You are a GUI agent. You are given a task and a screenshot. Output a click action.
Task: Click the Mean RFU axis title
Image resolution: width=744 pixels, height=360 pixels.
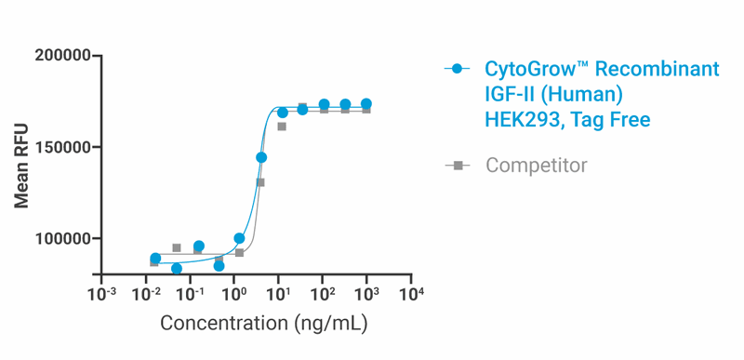tap(21, 165)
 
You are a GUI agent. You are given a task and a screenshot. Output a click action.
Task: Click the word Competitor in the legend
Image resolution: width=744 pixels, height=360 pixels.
tap(537, 166)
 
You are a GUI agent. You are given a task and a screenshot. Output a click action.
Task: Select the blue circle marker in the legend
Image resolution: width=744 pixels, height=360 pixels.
tap(456, 69)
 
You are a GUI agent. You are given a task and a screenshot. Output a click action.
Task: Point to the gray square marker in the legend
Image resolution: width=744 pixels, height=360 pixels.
tap(456, 166)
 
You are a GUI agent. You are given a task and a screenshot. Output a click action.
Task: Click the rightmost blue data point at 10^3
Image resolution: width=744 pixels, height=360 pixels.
tap(366, 104)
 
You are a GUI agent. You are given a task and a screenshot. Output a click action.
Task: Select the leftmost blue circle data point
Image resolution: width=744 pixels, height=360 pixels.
tap(155, 259)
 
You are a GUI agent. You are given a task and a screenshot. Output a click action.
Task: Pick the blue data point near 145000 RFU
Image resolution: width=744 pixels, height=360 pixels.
tap(261, 157)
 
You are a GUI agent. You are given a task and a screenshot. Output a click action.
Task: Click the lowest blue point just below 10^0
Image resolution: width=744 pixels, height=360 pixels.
tap(219, 266)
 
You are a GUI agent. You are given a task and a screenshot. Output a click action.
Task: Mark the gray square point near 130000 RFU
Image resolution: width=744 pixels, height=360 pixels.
tap(260, 182)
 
